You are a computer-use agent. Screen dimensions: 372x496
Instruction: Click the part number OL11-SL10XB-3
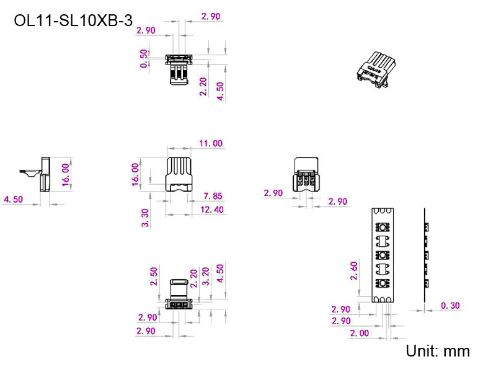[x=73, y=20]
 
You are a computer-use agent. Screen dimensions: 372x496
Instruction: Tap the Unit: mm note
[x=438, y=351]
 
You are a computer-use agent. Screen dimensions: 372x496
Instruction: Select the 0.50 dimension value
[x=144, y=58]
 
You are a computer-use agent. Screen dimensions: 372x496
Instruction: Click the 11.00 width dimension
[x=211, y=143]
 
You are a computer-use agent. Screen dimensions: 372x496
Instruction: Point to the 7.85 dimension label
[x=213, y=197]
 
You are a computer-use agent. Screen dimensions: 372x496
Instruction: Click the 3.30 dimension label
[x=145, y=218]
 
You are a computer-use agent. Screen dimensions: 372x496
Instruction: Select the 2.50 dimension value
[x=154, y=277]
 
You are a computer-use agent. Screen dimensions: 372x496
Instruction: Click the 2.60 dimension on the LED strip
[x=354, y=270]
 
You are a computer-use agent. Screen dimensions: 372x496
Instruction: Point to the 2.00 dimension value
[x=359, y=333]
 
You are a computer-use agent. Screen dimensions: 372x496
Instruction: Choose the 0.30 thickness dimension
[x=450, y=306]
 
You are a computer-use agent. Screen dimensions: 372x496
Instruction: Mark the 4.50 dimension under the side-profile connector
[x=13, y=200]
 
